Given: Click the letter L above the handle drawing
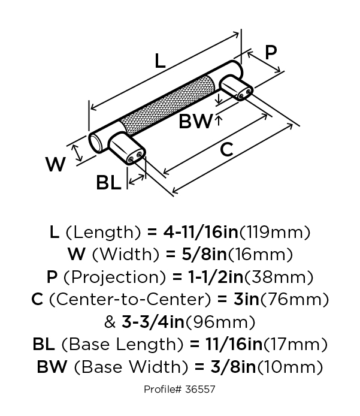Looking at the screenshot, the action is click(160, 61).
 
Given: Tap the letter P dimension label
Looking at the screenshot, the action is click(271, 52).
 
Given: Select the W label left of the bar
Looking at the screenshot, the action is click(56, 164).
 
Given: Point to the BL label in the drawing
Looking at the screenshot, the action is click(108, 182).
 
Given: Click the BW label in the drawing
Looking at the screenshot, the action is click(196, 121).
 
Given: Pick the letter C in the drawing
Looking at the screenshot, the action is click(226, 149).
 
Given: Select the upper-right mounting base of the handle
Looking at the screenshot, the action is click(236, 88).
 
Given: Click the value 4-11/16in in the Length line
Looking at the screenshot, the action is click(201, 232).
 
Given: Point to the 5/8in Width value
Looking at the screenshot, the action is click(204, 254).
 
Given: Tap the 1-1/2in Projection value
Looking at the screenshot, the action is click(216, 277).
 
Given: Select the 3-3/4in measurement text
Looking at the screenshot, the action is click(153, 322).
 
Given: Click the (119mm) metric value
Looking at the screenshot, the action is click(274, 232).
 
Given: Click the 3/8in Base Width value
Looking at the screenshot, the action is click(233, 367).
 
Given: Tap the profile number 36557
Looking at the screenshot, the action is click(199, 389).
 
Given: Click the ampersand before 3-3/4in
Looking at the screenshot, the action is click(110, 322).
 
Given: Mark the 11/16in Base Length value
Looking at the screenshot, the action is click(234, 344).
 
